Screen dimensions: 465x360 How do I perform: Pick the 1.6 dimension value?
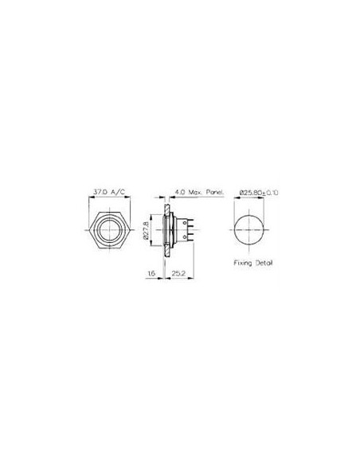pos(151,273)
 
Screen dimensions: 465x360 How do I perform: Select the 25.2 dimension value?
pos(179,273)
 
